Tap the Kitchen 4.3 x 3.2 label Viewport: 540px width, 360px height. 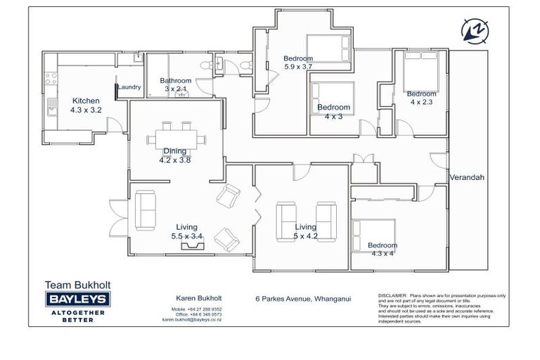(85, 105)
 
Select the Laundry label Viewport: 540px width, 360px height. (129, 87)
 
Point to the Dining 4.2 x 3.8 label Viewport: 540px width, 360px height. (175, 155)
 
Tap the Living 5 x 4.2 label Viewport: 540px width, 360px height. (305, 231)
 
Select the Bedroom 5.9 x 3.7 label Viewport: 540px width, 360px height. (298, 63)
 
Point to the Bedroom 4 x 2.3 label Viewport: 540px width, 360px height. (421, 98)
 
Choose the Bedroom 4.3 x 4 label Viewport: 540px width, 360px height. (382, 250)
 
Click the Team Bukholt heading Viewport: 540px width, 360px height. (77, 285)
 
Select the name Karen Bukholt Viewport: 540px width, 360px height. (193, 297)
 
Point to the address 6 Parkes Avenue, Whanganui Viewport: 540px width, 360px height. (303, 297)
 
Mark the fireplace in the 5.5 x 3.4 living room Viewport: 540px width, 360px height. (191, 247)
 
